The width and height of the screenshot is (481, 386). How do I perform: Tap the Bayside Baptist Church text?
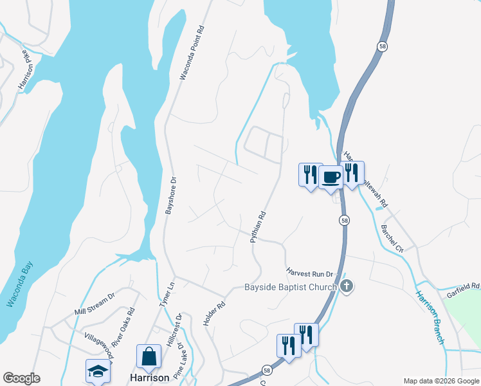[x=291, y=288]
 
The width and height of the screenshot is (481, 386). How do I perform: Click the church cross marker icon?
[x=347, y=286]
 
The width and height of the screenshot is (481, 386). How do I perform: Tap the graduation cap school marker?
[x=98, y=370]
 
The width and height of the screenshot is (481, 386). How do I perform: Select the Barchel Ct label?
[x=392, y=237]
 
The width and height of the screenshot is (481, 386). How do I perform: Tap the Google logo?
[x=21, y=378]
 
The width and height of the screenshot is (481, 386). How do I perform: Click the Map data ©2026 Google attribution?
[x=441, y=381]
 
